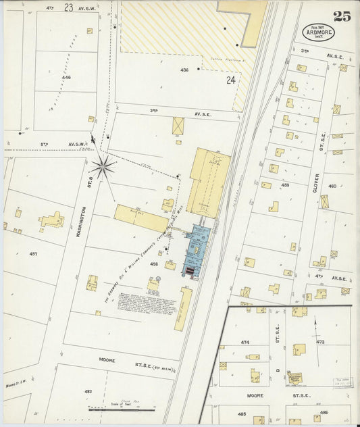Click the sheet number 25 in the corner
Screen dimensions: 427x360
point(342,16)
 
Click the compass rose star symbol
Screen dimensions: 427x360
point(103,166)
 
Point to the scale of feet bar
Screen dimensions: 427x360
point(119,409)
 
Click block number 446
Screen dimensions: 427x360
point(66,78)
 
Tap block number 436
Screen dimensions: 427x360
point(184,70)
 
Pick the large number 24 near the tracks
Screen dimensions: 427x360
point(231,80)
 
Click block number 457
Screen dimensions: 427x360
point(33,254)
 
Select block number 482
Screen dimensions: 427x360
point(88,391)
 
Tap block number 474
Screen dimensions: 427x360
point(245,343)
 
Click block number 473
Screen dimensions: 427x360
point(320,343)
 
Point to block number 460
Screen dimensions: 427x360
point(332,186)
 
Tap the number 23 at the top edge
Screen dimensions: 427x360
point(68,7)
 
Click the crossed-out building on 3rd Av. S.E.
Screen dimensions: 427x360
point(178,126)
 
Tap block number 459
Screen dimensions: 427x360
point(285,184)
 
